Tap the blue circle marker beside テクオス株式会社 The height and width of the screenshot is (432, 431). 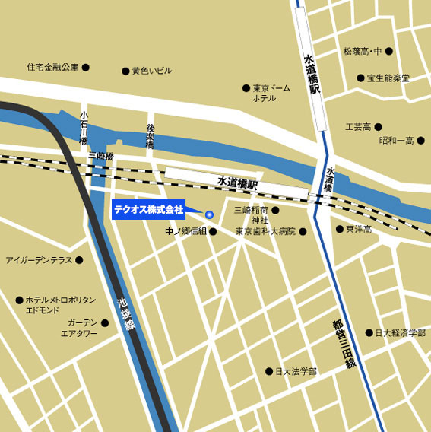click(210, 214)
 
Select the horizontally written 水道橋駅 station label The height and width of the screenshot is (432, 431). click(238, 183)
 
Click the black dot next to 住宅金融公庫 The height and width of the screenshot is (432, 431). click(86, 67)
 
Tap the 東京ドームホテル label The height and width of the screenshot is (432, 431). click(271, 93)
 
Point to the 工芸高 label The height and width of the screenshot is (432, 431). click(358, 126)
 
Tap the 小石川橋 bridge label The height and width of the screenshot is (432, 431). click(84, 131)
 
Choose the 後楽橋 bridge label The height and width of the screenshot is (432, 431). click(151, 136)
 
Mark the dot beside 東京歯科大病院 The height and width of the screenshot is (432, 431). click(303, 231)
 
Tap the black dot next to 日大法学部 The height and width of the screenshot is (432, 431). click(268, 371)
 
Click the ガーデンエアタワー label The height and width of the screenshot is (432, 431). click(79, 328)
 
